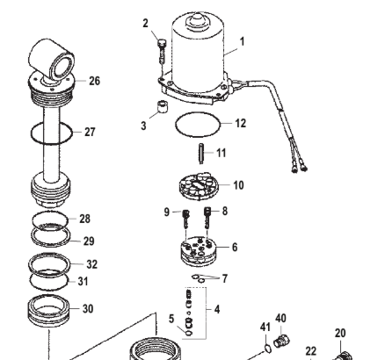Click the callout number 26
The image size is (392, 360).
tap(94, 81)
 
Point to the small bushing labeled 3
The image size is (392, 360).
tap(161, 110)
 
